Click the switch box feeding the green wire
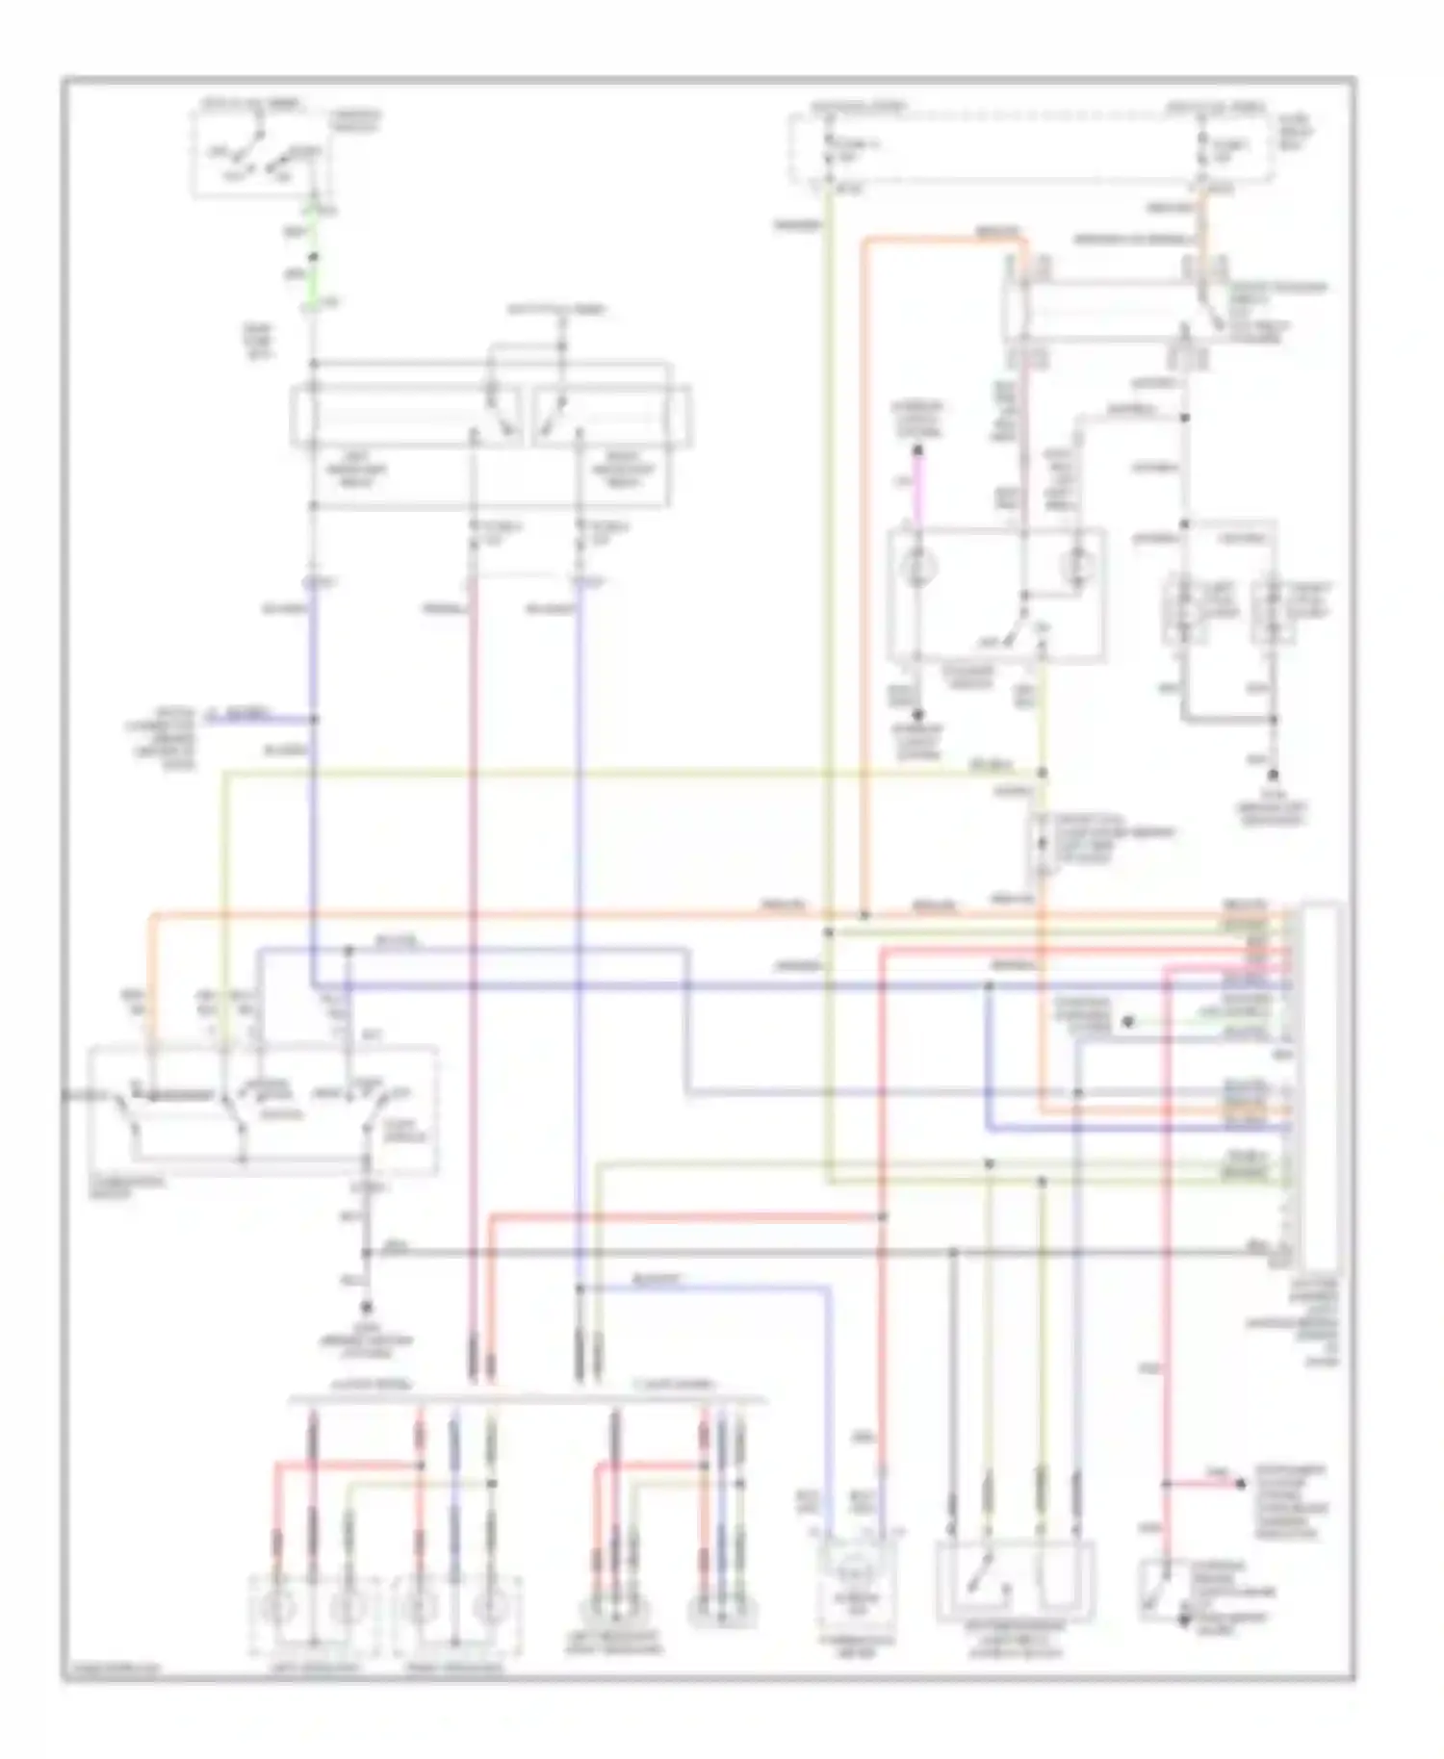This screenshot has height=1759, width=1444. [260, 154]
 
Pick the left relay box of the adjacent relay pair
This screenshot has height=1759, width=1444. [404, 417]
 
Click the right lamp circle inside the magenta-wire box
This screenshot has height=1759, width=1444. [1076, 568]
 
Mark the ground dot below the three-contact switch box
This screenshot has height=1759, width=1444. [367, 1307]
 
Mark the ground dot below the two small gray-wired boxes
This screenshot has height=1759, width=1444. [1274, 776]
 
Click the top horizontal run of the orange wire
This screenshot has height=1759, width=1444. [943, 238]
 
